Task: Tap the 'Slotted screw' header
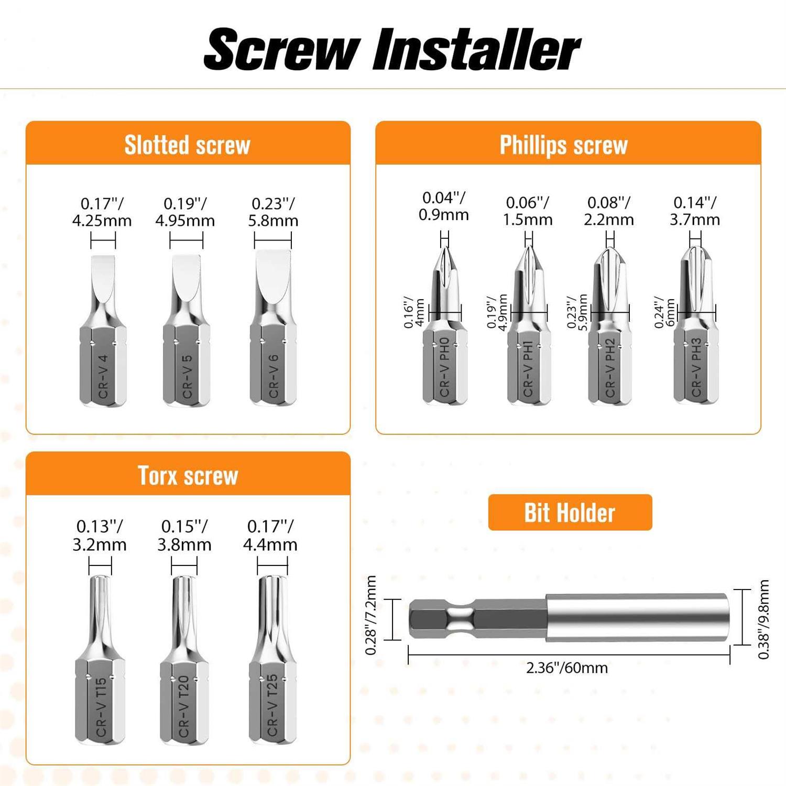click(x=188, y=145)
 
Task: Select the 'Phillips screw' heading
click(x=563, y=145)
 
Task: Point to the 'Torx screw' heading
click(x=188, y=475)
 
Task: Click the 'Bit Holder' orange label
click(x=570, y=512)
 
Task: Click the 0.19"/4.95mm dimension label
click(x=185, y=212)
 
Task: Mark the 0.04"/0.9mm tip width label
click(x=444, y=206)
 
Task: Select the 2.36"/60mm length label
click(x=567, y=668)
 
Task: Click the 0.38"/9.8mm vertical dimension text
click(x=763, y=619)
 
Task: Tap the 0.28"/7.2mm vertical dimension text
click(x=371, y=615)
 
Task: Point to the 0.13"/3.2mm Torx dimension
click(x=100, y=535)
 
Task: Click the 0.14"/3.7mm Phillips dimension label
click(x=695, y=211)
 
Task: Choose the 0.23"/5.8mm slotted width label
click(x=273, y=212)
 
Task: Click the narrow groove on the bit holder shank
click(x=461, y=619)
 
